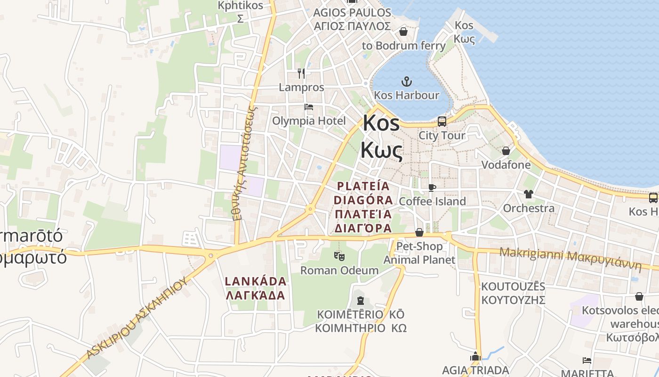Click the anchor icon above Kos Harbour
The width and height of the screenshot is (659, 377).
coord(406,82)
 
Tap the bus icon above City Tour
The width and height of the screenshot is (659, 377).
coord(442,122)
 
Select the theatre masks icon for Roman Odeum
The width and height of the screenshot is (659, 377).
coord(339,256)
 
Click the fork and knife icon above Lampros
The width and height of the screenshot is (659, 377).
coord(301,74)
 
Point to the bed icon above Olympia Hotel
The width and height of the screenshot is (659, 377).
coord(309,107)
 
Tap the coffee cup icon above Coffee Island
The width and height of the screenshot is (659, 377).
coord(432,188)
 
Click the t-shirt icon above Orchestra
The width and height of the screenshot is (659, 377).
coord(528,194)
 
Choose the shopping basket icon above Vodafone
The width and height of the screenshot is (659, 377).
coord(506,151)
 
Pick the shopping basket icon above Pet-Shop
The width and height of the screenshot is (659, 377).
coord(419,233)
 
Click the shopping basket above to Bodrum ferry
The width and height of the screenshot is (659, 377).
coord(403,32)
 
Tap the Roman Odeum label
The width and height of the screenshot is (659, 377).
coord(339,270)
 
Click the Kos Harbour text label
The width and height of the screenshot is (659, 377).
coord(406,95)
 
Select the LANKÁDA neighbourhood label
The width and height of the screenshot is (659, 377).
coord(256,281)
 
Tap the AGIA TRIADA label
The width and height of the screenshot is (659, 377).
coord(475,370)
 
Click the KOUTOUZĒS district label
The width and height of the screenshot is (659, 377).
coord(513,287)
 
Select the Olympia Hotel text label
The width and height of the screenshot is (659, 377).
coord(309,121)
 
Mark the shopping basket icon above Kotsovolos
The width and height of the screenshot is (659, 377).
coord(639,296)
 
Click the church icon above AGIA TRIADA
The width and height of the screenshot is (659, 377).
coord(475,356)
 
